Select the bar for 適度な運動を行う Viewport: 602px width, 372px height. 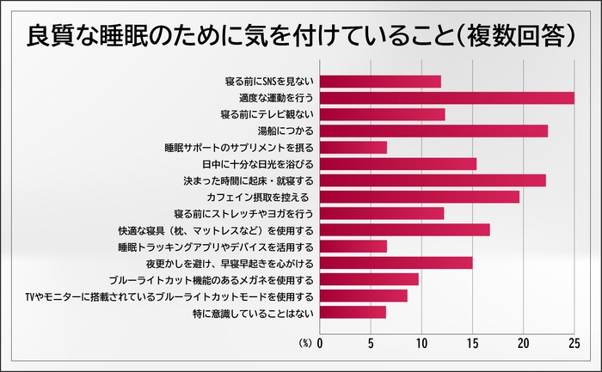point(447,98)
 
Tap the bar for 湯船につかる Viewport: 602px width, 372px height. point(434,131)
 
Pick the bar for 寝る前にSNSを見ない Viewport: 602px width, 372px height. point(380,82)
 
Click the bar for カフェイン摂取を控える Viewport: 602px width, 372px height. point(420,197)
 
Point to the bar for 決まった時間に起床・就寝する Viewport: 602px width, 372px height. point(433,180)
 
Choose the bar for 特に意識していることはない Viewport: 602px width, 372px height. point(353,312)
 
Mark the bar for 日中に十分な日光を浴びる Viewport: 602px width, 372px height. point(398,164)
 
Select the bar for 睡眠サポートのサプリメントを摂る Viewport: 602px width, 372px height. point(353,148)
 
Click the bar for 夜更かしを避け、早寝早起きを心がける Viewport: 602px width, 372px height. point(396,263)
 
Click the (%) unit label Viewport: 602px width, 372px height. point(305,343)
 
